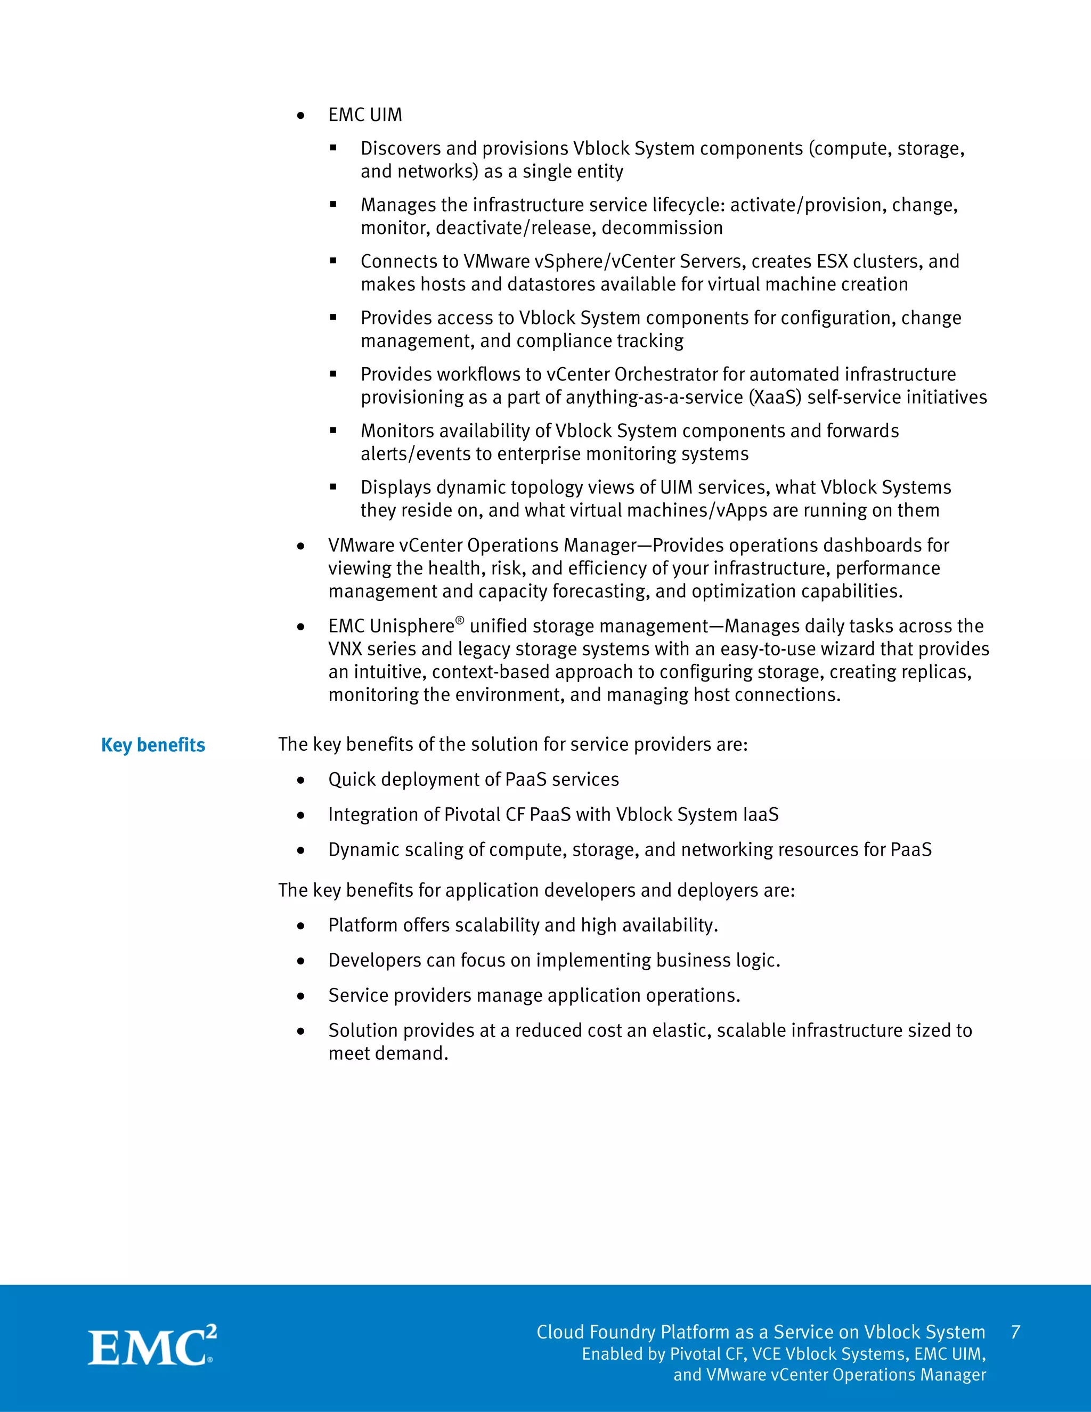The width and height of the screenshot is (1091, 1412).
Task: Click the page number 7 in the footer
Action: coord(1015,1332)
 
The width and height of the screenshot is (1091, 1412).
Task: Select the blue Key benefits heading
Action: coord(153,745)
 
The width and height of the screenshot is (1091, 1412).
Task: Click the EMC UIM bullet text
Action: coord(365,115)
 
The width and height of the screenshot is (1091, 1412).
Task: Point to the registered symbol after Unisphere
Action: coord(460,621)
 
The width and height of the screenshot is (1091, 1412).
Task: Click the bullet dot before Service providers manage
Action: coord(300,996)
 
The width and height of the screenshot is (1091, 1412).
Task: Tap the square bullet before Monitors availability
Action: coord(333,430)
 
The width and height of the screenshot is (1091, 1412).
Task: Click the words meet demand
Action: coord(388,1053)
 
